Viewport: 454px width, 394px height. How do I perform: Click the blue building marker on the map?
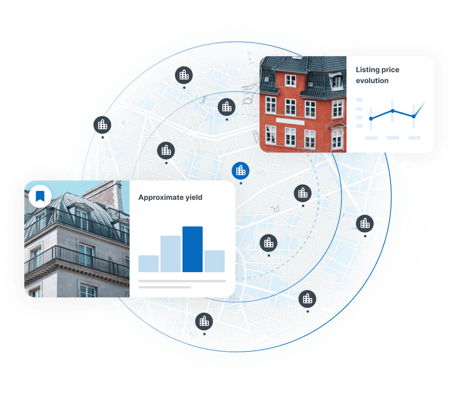[x=240, y=170]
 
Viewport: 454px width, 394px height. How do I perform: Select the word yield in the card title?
[x=193, y=197]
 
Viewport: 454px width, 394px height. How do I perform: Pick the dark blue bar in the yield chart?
[x=192, y=249]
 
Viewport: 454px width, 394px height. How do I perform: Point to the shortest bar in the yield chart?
[x=148, y=264]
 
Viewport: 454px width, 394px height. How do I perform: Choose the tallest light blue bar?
[x=170, y=254]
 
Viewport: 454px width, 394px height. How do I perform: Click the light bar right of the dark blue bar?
[x=214, y=261]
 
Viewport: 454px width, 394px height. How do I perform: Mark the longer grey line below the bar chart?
[x=182, y=281]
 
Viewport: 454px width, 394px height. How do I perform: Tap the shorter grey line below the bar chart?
[x=164, y=287]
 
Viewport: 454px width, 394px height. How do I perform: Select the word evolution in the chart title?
[x=372, y=81]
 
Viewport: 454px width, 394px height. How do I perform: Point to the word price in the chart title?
[x=390, y=70]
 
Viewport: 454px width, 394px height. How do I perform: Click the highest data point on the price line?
[x=392, y=110]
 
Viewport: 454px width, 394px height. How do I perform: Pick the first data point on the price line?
[x=371, y=119]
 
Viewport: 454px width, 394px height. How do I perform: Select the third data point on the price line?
[x=414, y=116]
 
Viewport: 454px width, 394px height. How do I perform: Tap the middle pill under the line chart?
[x=393, y=138]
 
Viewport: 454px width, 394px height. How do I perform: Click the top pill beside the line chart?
[x=359, y=100]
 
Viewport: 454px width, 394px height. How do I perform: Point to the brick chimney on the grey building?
[x=107, y=192]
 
